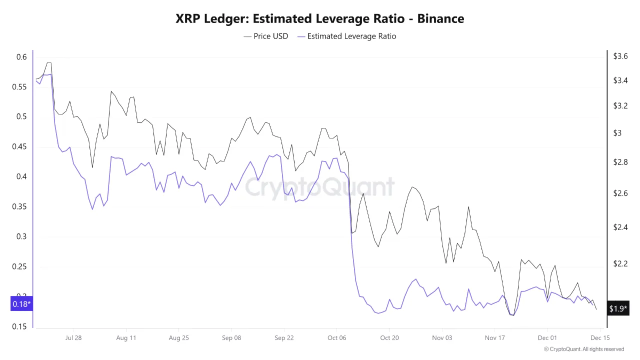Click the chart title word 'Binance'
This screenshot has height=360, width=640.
[x=440, y=19]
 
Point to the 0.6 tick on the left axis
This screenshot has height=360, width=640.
[x=21, y=57]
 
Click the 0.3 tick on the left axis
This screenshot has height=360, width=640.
[x=21, y=236]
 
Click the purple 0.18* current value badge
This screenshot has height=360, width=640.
[x=21, y=304]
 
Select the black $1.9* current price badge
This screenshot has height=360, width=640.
[x=617, y=308]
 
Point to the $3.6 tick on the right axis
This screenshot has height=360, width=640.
[x=620, y=56]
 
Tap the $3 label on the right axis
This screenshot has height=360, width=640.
[x=617, y=133]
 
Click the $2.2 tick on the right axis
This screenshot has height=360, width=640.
[x=620, y=263]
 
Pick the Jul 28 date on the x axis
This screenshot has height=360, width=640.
[x=73, y=337]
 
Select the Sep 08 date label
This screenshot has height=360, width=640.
[x=231, y=337]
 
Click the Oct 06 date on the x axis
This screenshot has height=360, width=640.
[x=336, y=337]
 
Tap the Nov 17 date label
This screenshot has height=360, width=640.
[x=494, y=337]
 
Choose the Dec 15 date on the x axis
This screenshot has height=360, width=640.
[x=599, y=337]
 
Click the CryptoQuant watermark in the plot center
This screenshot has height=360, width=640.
[x=319, y=187]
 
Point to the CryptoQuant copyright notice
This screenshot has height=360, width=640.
[x=583, y=349]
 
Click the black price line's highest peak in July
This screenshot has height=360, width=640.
[x=48, y=63]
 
